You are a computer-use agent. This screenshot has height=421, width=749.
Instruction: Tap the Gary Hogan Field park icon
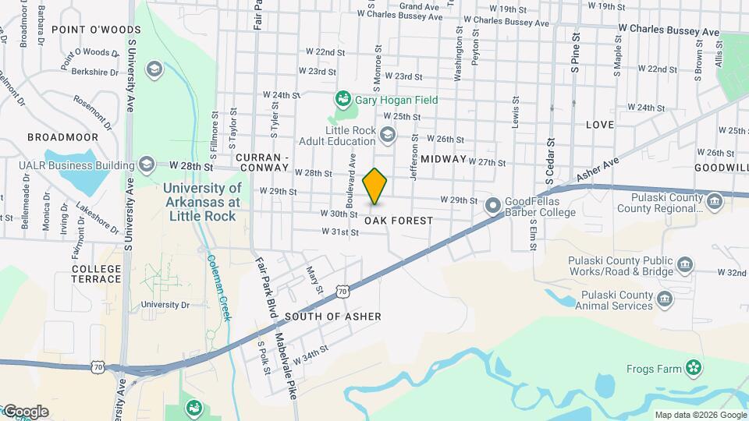pos(342,99)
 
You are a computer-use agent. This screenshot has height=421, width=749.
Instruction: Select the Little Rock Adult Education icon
pos(386,136)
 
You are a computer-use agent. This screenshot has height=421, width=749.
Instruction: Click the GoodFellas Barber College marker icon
pos(492,206)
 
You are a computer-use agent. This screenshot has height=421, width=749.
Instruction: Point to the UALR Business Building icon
pos(146,164)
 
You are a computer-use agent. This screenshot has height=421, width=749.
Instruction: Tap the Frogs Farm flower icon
pos(694,368)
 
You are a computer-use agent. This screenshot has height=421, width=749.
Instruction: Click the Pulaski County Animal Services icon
pos(665,298)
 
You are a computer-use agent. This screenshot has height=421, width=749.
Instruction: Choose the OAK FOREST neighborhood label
pos(398,221)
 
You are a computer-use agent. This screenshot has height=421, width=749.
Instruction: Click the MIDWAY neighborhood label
pos(443,159)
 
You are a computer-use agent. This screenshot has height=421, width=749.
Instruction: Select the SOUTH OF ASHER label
pos(333,317)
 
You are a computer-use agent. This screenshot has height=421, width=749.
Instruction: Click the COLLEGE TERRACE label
pos(97,274)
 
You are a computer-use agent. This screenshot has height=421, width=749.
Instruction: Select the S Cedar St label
pos(550,161)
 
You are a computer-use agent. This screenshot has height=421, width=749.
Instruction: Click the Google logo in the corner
pos(25,412)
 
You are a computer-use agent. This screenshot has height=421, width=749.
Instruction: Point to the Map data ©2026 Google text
pos(700,415)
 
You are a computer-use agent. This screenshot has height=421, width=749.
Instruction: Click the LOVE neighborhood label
pos(599,125)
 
